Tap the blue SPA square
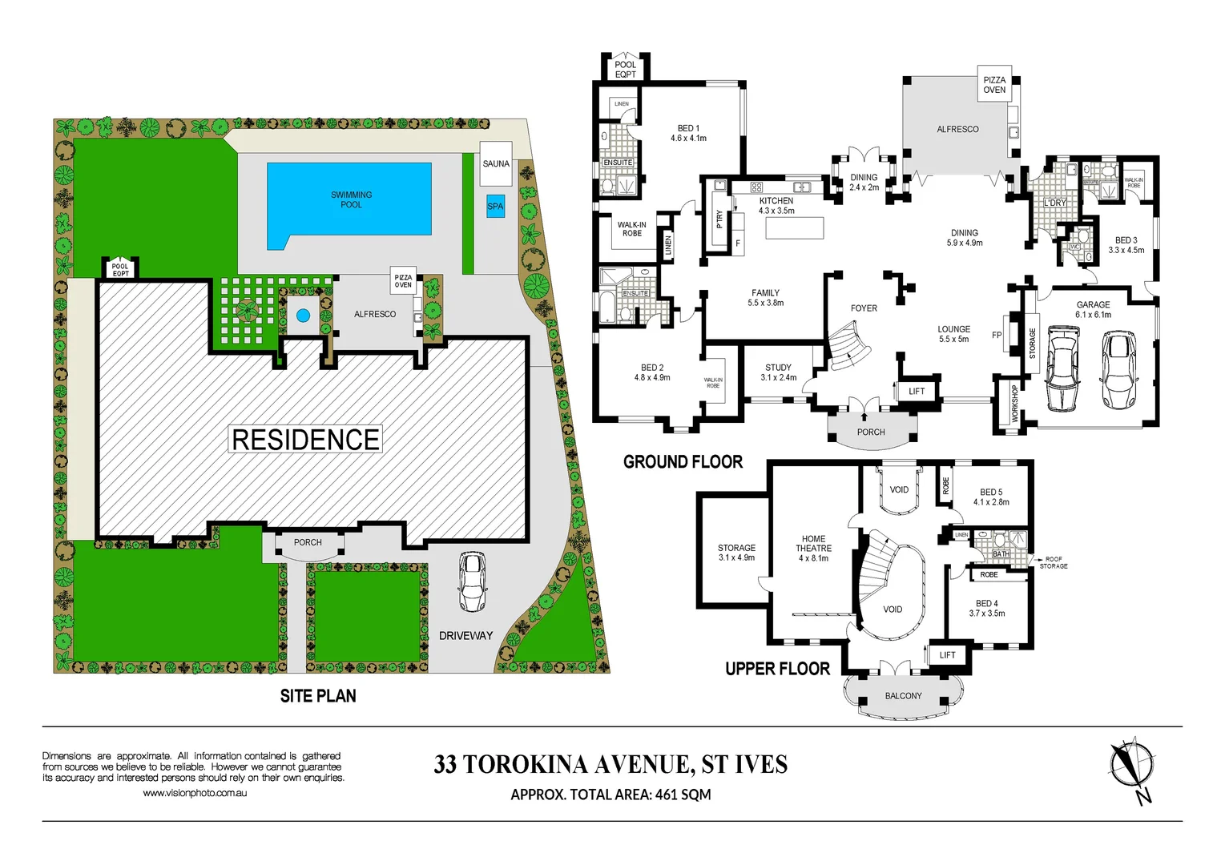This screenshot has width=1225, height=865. pyautogui.click(x=496, y=206)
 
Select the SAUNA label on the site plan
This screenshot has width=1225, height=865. pyautogui.click(x=496, y=163)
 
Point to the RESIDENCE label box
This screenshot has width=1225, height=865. pyautogui.click(x=305, y=440)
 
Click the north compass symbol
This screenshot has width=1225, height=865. pyautogui.click(x=1131, y=765)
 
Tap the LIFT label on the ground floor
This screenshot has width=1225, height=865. pyautogui.click(x=917, y=392)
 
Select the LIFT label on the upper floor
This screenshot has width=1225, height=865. pyautogui.click(x=947, y=655)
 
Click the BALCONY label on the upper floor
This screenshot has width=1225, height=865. pyautogui.click(x=903, y=696)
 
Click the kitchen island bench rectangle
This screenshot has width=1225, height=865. pyautogui.click(x=794, y=228)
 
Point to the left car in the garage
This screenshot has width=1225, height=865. pyautogui.click(x=1063, y=368)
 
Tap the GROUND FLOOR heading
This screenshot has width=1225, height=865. pyautogui.click(x=683, y=462)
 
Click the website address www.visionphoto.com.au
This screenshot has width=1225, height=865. pyautogui.click(x=195, y=793)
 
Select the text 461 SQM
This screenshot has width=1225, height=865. pyautogui.click(x=683, y=795)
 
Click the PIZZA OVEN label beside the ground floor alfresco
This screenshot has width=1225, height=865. pyautogui.click(x=994, y=85)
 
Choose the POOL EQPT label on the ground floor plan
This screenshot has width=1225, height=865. pyautogui.click(x=626, y=70)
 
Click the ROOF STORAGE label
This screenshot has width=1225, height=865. pyautogui.click(x=1053, y=562)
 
